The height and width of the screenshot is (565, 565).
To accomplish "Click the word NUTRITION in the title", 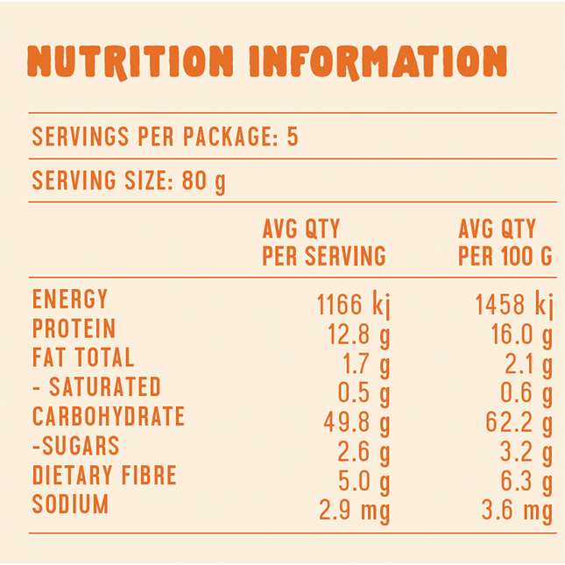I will coord(131,61).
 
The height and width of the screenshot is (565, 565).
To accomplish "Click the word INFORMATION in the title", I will coord(378,61).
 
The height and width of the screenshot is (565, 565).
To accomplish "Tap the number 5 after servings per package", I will coord(293,138).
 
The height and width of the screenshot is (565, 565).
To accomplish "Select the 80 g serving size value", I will coord(203,182).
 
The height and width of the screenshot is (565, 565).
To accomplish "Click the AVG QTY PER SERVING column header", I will coord(324,243).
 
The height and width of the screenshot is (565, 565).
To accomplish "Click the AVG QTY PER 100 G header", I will coord(505,243).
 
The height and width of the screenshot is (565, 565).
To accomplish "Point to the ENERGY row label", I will coord(70,300).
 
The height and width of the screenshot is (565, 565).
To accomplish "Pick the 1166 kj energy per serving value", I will coord(353,306).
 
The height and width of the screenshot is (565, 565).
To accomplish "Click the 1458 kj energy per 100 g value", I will coord(514,306).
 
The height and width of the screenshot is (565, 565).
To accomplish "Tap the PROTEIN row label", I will coord(74,328).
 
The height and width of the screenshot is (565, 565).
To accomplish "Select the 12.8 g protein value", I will coord(357,335).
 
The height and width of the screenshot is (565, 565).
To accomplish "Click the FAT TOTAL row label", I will coord(83,357).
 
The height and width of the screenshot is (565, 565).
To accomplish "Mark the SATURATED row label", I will coord(96,386).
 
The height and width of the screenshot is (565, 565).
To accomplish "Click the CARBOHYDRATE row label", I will coord(109,415).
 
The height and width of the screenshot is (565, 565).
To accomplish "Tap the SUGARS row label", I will coord(75,445).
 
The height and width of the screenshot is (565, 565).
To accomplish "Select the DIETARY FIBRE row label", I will coord(104,475).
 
